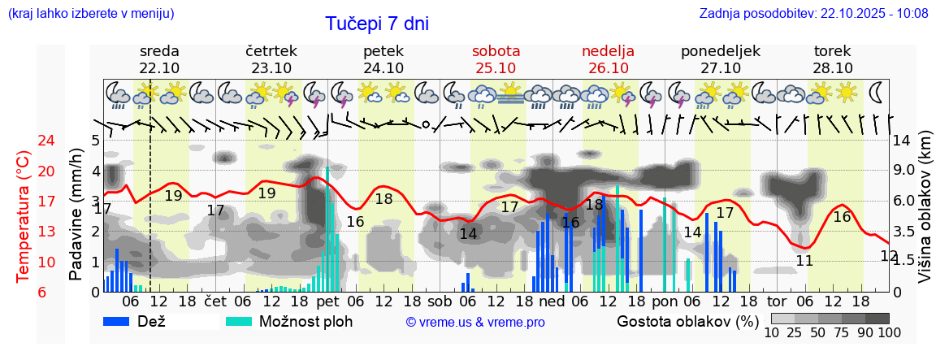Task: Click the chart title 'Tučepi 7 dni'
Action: point(377,24)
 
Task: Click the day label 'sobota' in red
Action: point(496,51)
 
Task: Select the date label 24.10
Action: point(383,68)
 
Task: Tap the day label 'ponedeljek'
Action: point(720,51)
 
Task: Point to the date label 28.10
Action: point(833,68)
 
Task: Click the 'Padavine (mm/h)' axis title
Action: point(76,215)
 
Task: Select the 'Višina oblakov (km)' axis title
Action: point(925,215)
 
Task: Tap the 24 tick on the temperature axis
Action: point(24,141)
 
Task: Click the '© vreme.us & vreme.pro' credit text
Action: point(475,323)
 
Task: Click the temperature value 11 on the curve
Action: point(804,261)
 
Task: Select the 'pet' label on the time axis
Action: point(327,302)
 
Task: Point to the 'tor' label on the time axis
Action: point(777,302)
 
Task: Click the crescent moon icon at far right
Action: point(877,92)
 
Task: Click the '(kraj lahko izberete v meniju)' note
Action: point(90,14)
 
